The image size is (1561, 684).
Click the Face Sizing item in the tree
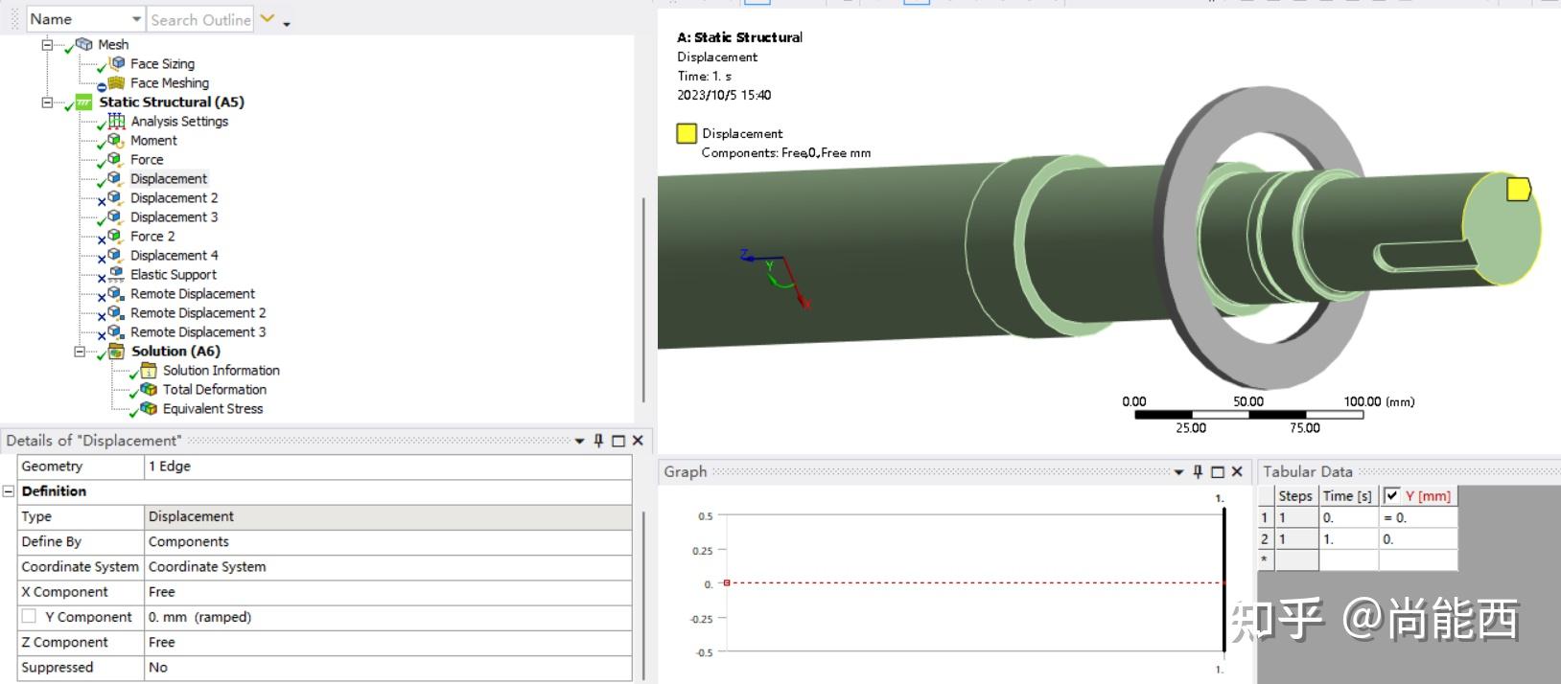(x=162, y=64)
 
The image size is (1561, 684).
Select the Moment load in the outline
(x=153, y=141)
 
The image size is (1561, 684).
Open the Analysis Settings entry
(x=179, y=122)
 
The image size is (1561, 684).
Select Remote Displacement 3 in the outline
(x=198, y=332)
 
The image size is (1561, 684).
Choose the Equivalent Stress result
(x=212, y=409)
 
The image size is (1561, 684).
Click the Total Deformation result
(x=214, y=390)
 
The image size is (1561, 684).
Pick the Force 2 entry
(x=152, y=237)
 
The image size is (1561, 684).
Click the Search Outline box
(x=200, y=19)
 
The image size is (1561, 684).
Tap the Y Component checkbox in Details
(x=29, y=617)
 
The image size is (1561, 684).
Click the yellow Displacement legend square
(x=687, y=134)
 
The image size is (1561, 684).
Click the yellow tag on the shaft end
(x=1518, y=189)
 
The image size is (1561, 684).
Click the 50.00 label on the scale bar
(x=1248, y=402)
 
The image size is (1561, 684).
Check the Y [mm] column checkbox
(x=1391, y=495)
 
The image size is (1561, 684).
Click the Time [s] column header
(x=1347, y=496)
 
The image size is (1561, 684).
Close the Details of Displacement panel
(x=638, y=441)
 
